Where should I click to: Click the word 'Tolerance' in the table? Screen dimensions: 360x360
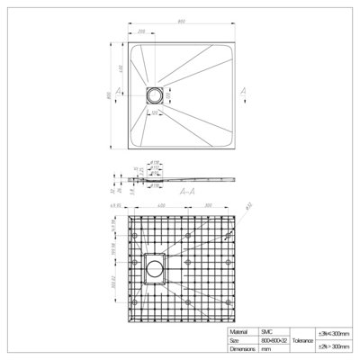302,341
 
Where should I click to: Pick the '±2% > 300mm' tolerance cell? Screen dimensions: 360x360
337,346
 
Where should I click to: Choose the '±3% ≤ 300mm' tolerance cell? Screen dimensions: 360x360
337,334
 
